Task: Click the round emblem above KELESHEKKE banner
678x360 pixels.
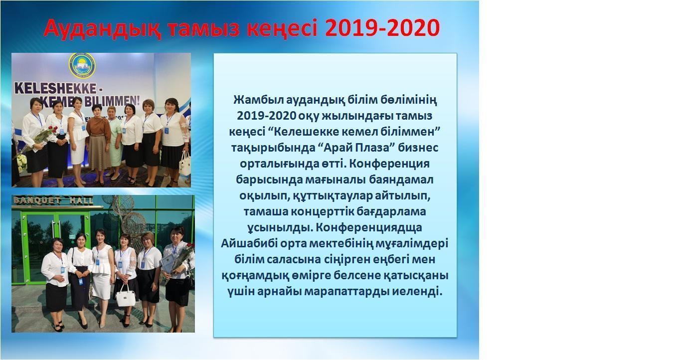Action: pyautogui.click(x=82, y=65)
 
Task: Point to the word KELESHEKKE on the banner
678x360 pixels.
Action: pyautogui.click(x=55, y=89)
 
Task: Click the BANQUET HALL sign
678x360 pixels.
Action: pyautogui.click(x=53, y=200)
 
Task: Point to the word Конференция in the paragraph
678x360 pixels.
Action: pyautogui.click(x=389, y=164)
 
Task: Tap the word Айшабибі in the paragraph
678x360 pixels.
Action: pyautogui.click(x=248, y=243)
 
